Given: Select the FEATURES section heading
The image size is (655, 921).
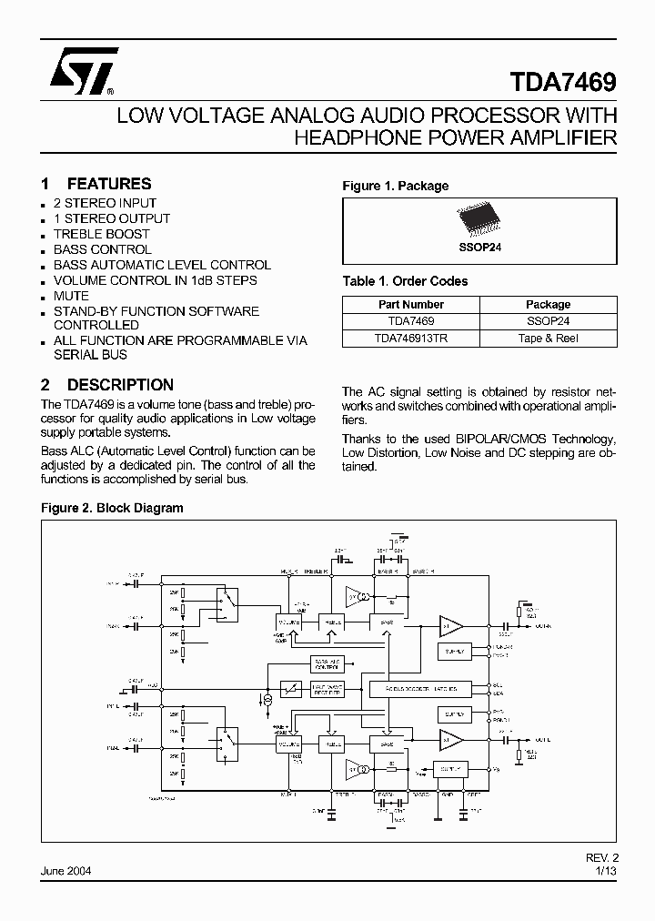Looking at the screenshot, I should [108, 184].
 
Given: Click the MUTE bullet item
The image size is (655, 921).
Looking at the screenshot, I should [71, 296].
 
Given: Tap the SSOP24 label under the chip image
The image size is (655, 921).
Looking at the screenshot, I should [479, 246].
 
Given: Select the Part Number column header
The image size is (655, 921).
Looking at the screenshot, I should [411, 305].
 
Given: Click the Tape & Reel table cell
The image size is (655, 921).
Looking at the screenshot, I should [548, 338].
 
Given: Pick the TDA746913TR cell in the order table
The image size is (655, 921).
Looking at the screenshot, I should [411, 338].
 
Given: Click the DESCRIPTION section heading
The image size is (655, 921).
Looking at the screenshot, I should [120, 385].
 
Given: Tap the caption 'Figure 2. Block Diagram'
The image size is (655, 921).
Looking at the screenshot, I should [113, 508].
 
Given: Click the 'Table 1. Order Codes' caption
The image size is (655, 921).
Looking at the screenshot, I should [405, 281].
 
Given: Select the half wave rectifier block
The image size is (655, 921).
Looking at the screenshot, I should [329, 690].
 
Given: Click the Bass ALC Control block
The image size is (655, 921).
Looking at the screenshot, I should [329, 663].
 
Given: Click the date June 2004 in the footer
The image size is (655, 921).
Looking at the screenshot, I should [65, 871].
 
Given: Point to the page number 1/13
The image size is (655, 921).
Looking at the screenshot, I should [605, 871].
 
